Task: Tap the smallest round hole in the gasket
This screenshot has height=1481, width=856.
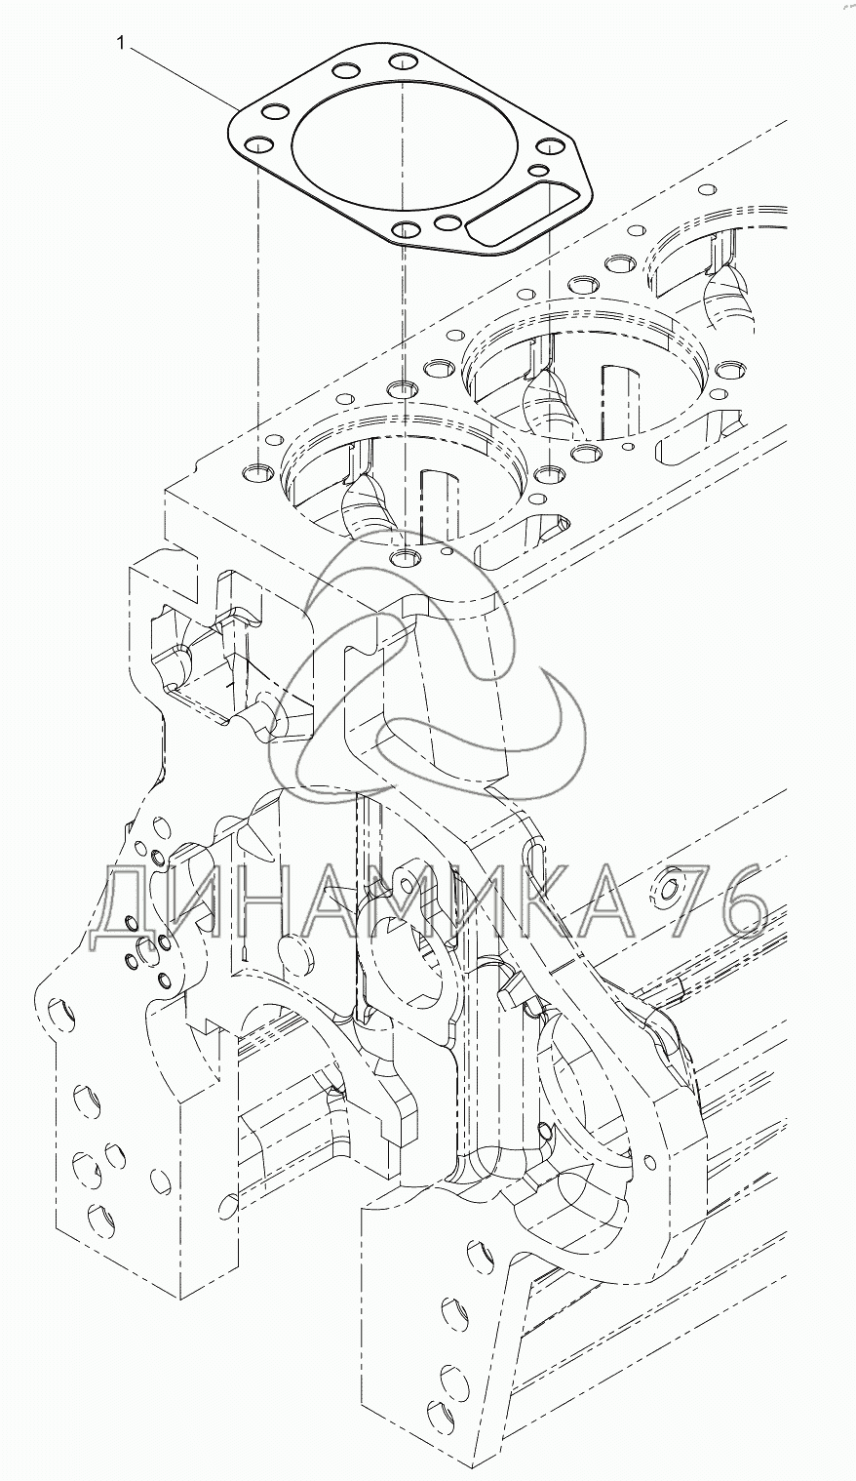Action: pos(541,169)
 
